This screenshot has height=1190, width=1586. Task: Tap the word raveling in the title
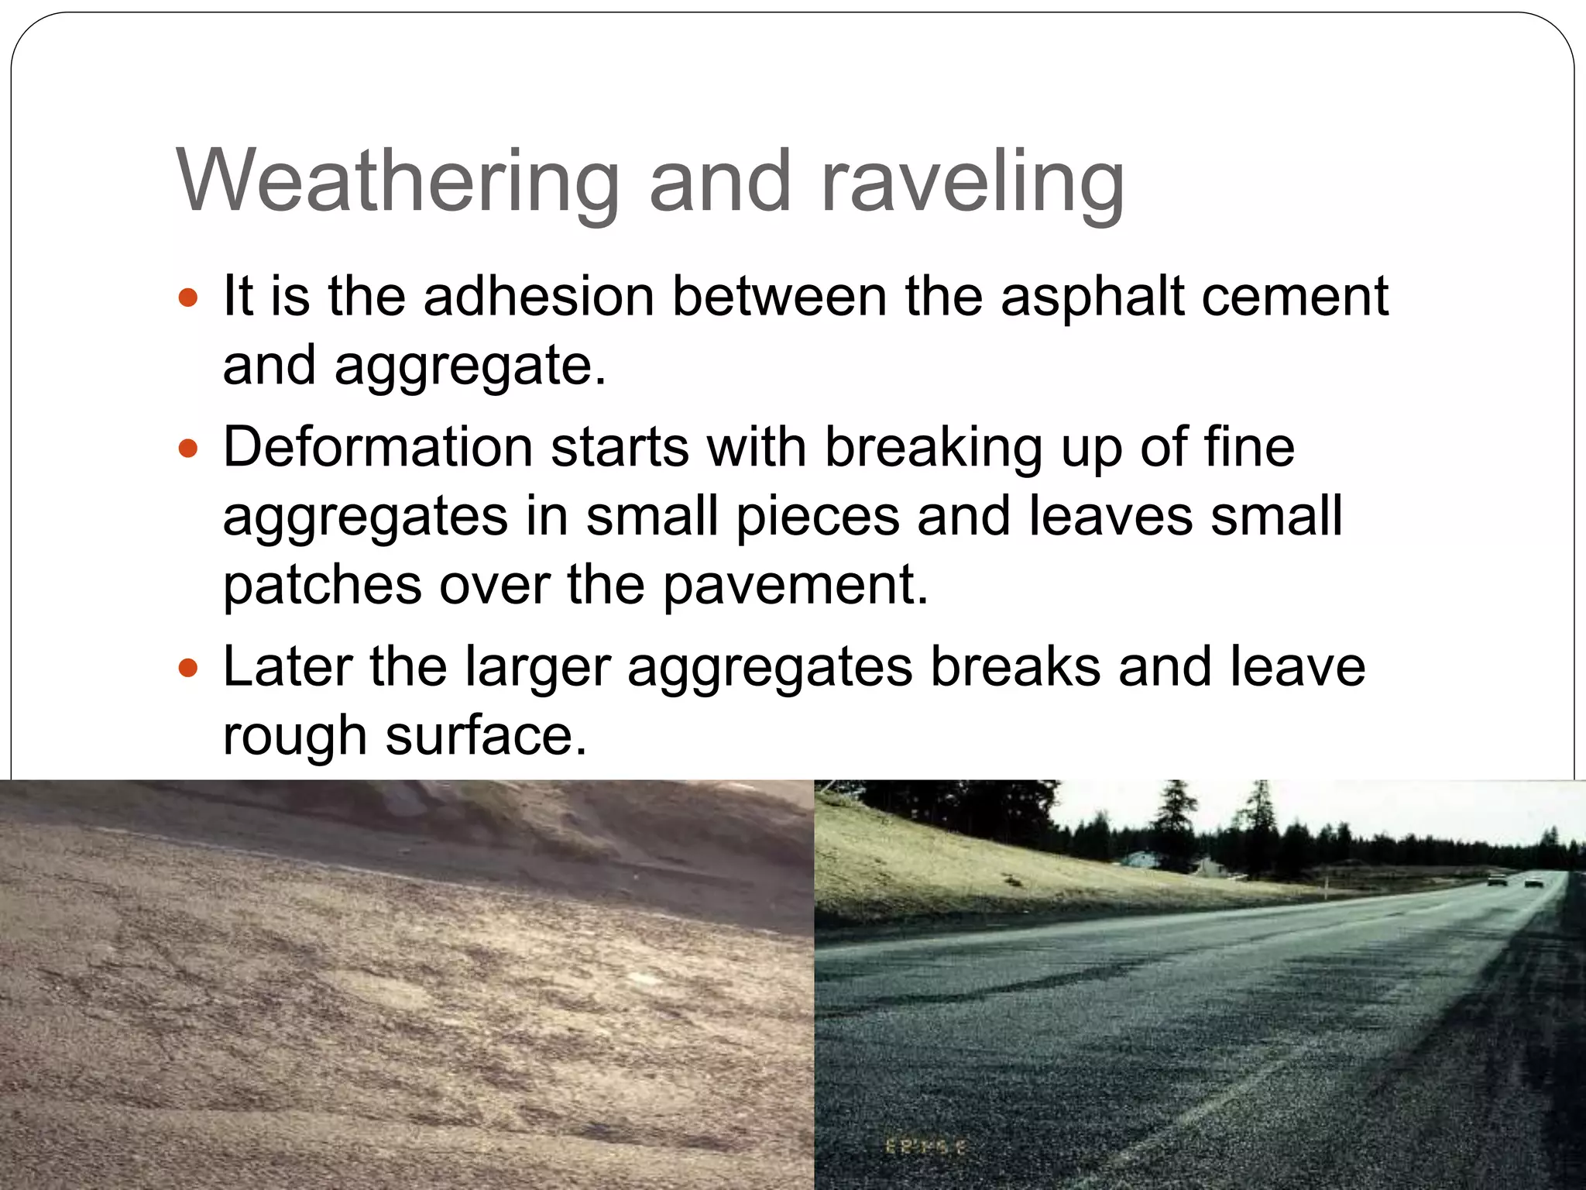[x=971, y=183]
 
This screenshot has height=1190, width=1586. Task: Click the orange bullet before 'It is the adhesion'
[x=188, y=297]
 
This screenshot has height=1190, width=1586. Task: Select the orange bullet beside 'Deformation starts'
[x=188, y=448]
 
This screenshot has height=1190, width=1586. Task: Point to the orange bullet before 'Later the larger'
[x=188, y=666]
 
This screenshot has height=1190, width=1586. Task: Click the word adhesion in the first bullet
[x=539, y=297]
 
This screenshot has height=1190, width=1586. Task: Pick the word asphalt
[x=1091, y=297]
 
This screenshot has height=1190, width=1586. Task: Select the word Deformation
[x=378, y=448]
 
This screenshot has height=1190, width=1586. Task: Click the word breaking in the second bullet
[x=932, y=448]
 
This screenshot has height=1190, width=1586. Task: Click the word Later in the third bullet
[x=287, y=666]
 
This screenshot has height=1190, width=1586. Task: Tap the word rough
[x=294, y=735]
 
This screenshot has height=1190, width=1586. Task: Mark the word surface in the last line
[x=486, y=735]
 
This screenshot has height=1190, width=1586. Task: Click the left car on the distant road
[x=1497, y=881]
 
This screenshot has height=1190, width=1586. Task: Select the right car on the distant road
[x=1533, y=882]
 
